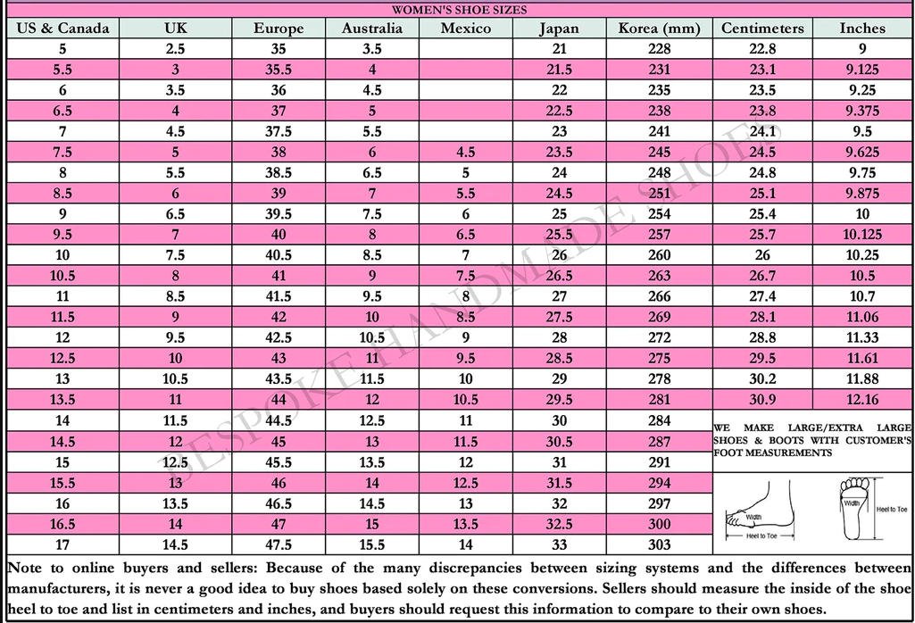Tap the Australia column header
(x=372, y=28)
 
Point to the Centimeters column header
(x=761, y=28)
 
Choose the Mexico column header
(x=466, y=28)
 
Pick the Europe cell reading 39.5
(x=279, y=214)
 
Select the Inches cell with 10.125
(x=862, y=235)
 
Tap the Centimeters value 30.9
(x=761, y=400)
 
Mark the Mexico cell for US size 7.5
(x=466, y=153)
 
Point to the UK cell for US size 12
(x=176, y=338)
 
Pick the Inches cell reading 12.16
(x=862, y=400)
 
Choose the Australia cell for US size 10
(x=372, y=255)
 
